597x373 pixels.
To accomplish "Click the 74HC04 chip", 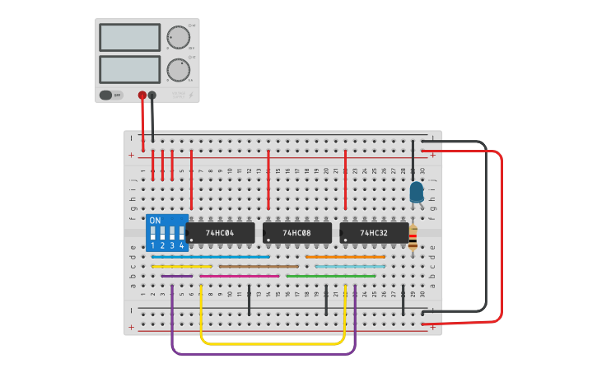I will point(220,233).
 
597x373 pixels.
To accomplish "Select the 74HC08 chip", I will point(297,233).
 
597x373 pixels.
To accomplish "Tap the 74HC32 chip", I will point(375,233).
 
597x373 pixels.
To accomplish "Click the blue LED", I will point(417,192).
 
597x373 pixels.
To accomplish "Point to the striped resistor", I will point(413,237).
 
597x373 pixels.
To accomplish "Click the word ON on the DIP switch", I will point(155,221).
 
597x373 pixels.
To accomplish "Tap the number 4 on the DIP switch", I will point(181,246).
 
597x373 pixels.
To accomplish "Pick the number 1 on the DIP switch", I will point(153,246).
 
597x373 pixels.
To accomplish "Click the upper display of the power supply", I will point(129,37).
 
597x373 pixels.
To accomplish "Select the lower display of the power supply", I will point(129,69).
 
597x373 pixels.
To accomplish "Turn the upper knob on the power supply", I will point(177,37).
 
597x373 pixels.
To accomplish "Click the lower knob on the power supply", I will point(177,69).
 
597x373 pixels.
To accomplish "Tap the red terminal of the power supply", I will point(142,96).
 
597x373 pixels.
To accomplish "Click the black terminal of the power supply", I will point(152,96).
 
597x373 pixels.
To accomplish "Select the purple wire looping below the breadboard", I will point(264,354).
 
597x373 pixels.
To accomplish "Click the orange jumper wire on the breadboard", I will point(345,257).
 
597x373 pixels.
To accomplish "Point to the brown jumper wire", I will point(259,267).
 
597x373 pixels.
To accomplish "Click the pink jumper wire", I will point(239,276).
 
